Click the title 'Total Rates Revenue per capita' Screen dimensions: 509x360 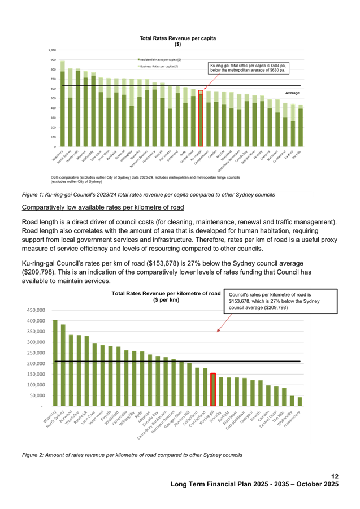(x=177, y=38)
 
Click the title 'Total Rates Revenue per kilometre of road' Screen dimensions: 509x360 (x=166, y=294)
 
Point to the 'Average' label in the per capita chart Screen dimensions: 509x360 (x=292, y=92)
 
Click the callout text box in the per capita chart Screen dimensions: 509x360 (x=248, y=67)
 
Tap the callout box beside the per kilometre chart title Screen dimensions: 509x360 (x=281, y=301)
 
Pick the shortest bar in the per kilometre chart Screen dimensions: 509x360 (x=300, y=401)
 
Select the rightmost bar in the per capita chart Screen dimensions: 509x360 (x=300, y=125)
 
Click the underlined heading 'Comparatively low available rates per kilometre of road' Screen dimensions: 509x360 (x=95, y=208)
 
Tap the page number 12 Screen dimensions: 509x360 (x=335, y=476)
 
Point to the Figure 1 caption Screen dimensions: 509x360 (x=148, y=194)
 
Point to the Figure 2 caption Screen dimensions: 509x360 (x=132, y=454)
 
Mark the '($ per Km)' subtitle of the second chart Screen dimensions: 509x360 (x=166, y=300)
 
